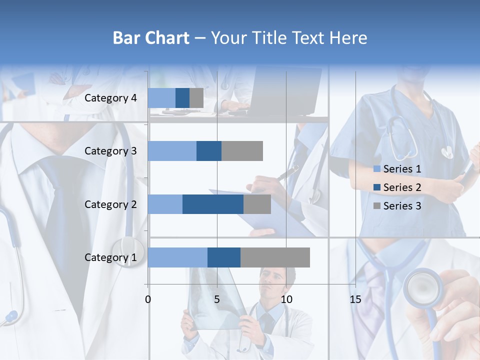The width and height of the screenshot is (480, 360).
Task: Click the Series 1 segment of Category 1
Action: pos(177,257)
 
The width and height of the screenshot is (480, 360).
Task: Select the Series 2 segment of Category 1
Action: pos(224,257)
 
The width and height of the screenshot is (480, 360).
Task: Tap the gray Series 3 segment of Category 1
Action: pos(275,257)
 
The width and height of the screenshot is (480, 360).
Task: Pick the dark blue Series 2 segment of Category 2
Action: pos(213,204)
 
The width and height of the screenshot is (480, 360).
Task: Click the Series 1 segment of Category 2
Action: pos(165,204)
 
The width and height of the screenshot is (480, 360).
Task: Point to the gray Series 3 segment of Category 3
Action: pos(242,151)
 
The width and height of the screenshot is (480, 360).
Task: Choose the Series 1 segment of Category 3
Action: pos(172,151)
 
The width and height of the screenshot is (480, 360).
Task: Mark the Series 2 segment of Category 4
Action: pos(182,98)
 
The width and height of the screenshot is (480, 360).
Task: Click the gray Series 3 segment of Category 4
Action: pos(196,98)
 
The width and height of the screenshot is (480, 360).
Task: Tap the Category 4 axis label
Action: pos(110,98)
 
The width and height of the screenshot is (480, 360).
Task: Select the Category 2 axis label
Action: pos(110,204)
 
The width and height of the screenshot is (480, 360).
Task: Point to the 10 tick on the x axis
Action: pos(286,299)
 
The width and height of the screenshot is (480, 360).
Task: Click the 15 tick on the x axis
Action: pos(355,299)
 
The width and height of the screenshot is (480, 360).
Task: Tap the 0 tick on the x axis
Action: pos(148,299)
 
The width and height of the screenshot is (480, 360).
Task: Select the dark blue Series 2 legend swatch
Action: pos(377,187)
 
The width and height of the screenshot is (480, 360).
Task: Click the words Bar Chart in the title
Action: pos(151,38)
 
